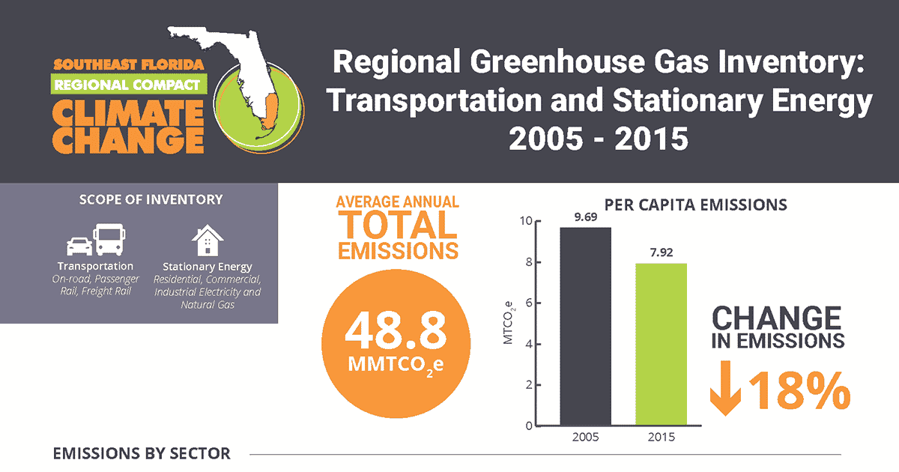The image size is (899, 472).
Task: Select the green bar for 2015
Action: pyautogui.click(x=662, y=345)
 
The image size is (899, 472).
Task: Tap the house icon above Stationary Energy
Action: pyautogui.click(x=208, y=242)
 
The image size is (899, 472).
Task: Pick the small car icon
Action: pyautogui.click(x=79, y=246)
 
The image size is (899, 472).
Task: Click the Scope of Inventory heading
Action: pyautogui.click(x=151, y=200)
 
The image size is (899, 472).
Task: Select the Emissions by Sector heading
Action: pyautogui.click(x=142, y=454)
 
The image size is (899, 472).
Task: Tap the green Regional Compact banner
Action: pyautogui.click(x=127, y=85)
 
